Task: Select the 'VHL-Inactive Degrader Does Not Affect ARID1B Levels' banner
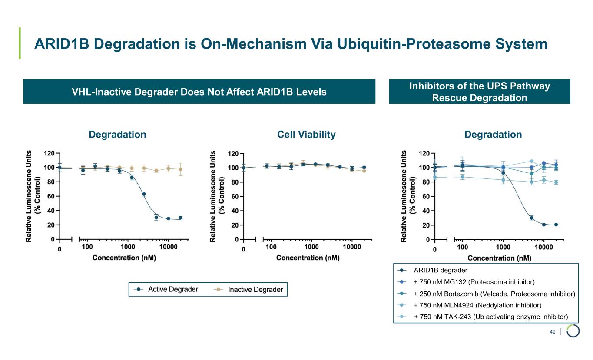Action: coord(199,92)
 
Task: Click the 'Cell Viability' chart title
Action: coord(306,135)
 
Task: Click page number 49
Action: coord(553,332)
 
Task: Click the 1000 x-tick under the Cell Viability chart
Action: coord(311,247)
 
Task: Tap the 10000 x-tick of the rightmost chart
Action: coord(543,247)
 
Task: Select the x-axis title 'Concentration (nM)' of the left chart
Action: coord(124,258)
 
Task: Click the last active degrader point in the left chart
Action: coord(180,218)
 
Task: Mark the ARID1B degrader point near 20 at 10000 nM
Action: coord(543,225)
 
